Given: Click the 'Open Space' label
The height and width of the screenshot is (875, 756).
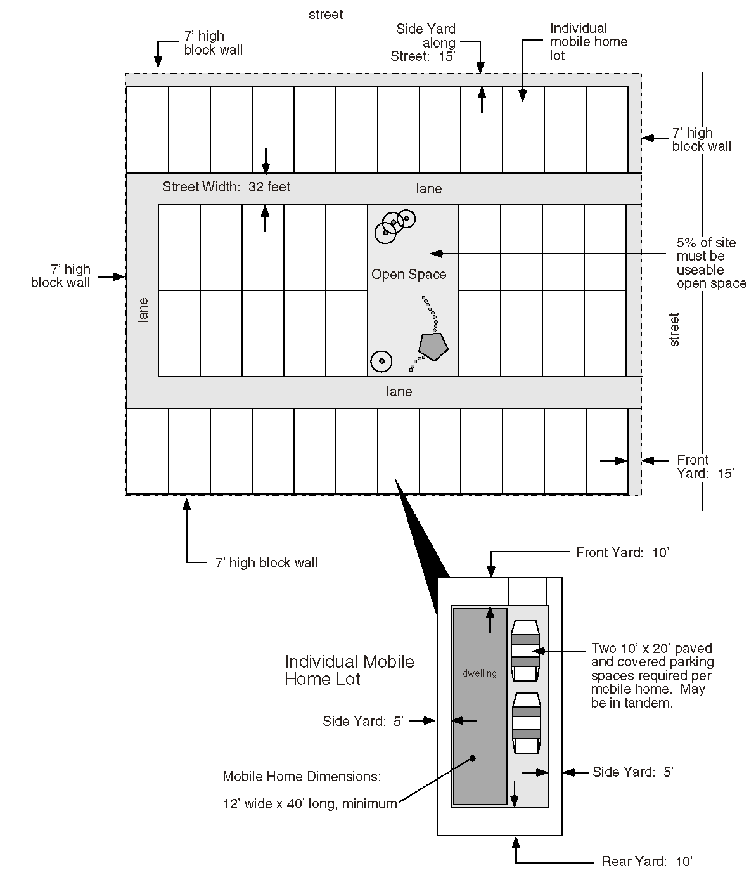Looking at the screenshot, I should point(409,275).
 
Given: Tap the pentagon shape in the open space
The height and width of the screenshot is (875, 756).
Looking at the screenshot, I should point(433,346).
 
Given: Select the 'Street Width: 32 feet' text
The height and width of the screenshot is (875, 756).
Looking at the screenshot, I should point(226,187).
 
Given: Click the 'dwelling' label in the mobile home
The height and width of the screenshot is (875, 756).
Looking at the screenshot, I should point(480,673).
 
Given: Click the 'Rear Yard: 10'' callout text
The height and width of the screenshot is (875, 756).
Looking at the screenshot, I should point(647,862).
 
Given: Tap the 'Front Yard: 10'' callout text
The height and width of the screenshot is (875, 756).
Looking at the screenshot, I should point(622,553).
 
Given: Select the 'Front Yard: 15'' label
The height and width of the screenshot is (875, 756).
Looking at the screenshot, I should point(705,467).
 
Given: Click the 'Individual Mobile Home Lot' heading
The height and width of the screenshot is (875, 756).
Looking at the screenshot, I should point(349,670).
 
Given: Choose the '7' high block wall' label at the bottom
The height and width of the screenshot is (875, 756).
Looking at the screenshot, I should point(266,563).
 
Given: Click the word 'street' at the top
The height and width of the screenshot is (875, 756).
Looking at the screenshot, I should point(326,15).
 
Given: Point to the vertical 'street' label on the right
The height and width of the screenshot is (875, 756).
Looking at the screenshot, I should point(674,330).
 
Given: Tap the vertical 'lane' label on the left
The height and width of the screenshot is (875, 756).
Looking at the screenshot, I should point(143,310).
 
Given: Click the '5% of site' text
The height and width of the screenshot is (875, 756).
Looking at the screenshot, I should point(706,243).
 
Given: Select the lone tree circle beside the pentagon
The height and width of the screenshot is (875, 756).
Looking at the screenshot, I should point(381,361).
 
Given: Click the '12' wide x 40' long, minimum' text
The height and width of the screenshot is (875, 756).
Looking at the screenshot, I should point(310,804).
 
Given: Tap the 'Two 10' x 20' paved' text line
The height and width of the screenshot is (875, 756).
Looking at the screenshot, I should point(651,649).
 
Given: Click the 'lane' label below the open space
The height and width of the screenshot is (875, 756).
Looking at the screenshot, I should point(399,392).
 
